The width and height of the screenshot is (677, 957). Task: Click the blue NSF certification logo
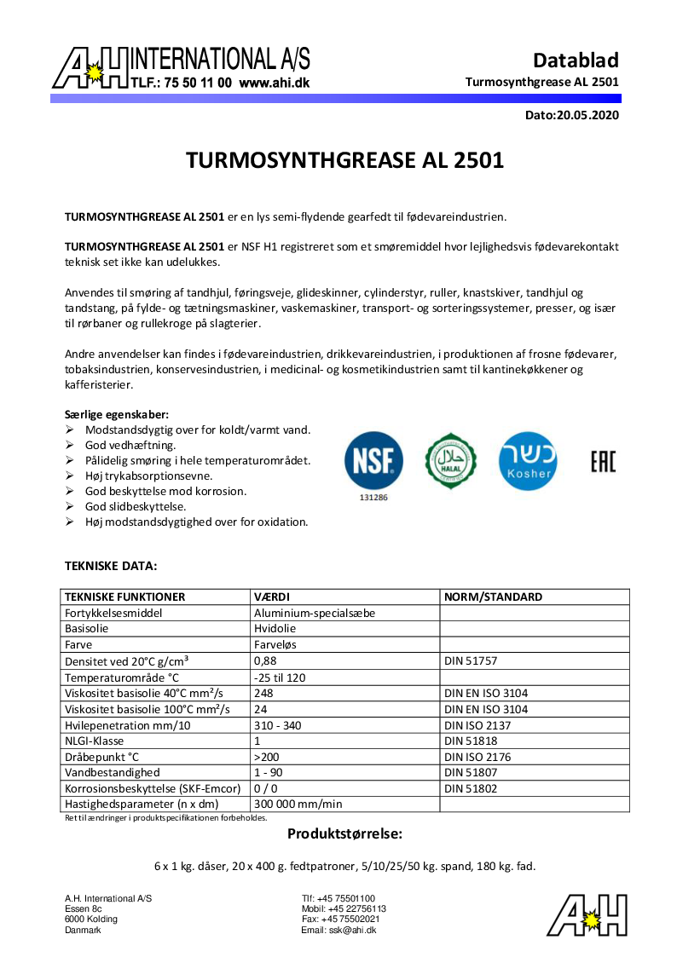tap(373, 460)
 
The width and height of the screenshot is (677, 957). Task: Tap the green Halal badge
tap(451, 461)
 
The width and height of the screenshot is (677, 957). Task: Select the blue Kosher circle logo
tap(528, 460)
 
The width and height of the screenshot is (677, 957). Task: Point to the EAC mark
tap(602, 461)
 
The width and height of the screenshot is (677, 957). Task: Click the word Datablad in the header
tap(576, 61)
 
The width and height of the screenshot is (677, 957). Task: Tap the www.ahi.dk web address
tap(274, 83)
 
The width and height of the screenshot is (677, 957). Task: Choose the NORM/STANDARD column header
tap(493, 597)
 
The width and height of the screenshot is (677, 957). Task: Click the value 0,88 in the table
tap(265, 660)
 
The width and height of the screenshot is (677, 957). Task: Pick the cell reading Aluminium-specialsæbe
tap(315, 613)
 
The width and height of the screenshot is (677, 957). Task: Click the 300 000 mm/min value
tap(298, 804)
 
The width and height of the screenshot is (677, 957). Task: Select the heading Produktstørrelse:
tap(344, 833)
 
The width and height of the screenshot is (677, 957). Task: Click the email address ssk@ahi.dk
tap(352, 931)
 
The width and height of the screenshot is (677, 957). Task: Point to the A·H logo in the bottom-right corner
tap(587, 915)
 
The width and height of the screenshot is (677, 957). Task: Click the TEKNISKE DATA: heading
tap(111, 565)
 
